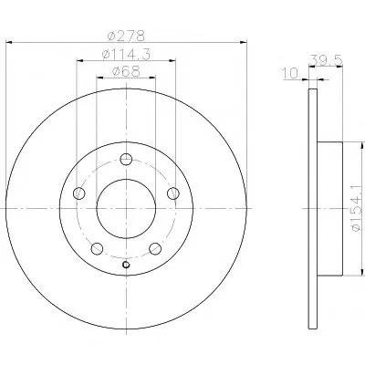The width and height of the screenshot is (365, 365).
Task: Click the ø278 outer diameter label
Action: coord(126,36)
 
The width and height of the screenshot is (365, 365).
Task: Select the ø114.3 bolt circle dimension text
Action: coord(126,55)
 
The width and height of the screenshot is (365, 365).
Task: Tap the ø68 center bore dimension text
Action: coord(126,71)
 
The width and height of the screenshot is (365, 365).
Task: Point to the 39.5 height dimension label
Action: coord(326,60)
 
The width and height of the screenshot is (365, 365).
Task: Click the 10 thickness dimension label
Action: coord(290,73)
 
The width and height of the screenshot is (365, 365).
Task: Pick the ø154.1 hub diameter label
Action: coord(357,207)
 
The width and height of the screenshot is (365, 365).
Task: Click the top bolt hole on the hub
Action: coord(126,159)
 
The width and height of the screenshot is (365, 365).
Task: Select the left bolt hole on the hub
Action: coord(79,193)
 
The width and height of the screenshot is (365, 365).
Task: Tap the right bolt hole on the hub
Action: coord(173,193)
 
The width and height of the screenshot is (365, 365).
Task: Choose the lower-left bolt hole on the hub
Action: coord(97,248)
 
